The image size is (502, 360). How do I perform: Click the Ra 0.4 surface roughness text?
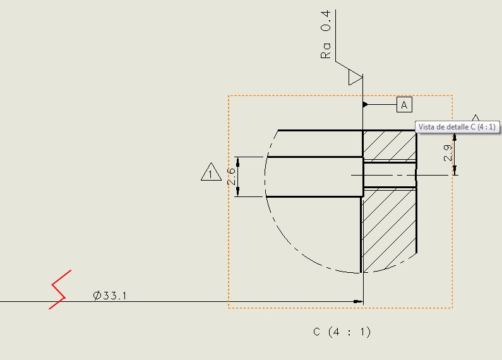coord(326,34)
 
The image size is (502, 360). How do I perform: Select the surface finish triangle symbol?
coord(355,78)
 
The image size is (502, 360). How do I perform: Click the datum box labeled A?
coord(404,105)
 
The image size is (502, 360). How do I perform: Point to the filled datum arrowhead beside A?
coord(366,104)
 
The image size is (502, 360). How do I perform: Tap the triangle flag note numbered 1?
coord(211,172)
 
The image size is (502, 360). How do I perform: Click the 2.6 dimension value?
coord(231,176)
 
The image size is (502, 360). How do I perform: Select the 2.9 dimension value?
coord(448,153)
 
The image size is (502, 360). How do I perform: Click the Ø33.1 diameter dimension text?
coord(109,296)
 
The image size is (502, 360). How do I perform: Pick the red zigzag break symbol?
coord(60,289)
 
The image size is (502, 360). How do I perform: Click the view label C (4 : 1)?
coord(342,332)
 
